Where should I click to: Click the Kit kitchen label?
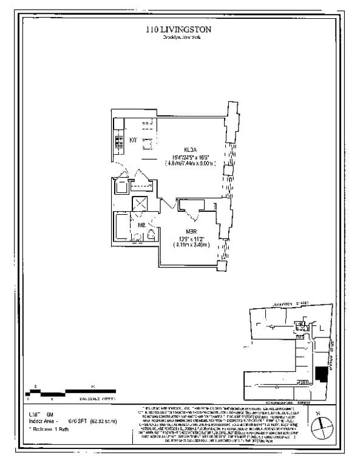tap(134, 140)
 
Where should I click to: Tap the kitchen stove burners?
tap(117, 144)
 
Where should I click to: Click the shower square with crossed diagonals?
tap(140, 204)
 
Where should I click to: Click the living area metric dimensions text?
tap(190, 163)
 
